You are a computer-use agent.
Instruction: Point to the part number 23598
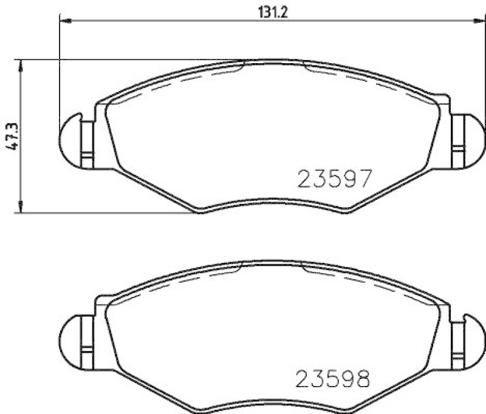[334, 380]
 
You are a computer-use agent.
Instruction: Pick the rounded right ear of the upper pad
[472, 139]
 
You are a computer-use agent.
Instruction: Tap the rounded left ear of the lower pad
[72, 338]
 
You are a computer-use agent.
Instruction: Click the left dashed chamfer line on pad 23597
[188, 80]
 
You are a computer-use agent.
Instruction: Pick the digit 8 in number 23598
[363, 380]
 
